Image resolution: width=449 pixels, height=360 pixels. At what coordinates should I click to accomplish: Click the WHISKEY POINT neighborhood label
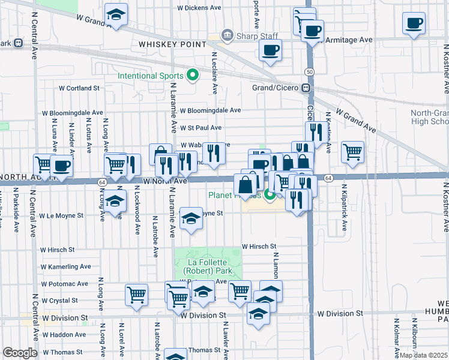172,44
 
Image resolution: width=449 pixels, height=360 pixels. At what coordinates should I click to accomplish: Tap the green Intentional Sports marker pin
193,76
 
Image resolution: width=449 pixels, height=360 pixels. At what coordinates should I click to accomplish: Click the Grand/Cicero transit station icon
306,88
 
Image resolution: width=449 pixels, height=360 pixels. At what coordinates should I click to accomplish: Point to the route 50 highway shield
309,71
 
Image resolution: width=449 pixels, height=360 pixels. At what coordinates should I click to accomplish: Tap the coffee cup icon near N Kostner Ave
414,24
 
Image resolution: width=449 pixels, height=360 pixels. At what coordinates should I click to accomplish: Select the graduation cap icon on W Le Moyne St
191,219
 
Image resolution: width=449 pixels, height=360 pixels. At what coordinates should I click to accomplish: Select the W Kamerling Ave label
66,266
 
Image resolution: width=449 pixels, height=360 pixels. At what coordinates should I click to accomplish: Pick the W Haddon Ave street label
64,335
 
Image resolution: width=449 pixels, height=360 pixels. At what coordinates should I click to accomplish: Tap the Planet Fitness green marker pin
270,194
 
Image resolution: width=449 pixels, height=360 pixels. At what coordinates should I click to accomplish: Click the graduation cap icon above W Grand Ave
116,13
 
